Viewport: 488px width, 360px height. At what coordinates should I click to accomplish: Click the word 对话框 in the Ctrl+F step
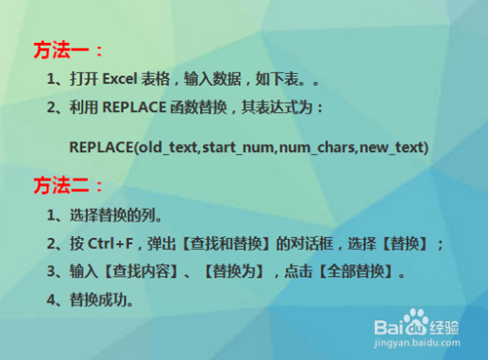pos(316,243)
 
